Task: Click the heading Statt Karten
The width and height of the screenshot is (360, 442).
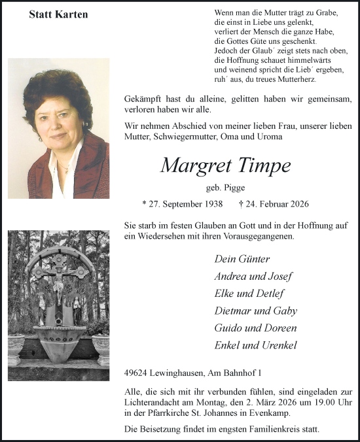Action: click(58, 14)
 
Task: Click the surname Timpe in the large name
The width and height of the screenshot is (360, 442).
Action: click(260, 165)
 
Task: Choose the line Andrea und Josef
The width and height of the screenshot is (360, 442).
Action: click(253, 276)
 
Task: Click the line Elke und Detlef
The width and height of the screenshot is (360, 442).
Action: click(249, 293)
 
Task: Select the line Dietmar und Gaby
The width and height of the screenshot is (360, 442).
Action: click(255, 311)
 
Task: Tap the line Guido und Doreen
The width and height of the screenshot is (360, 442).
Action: click(255, 328)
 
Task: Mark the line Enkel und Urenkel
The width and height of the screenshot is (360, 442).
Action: click(255, 345)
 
